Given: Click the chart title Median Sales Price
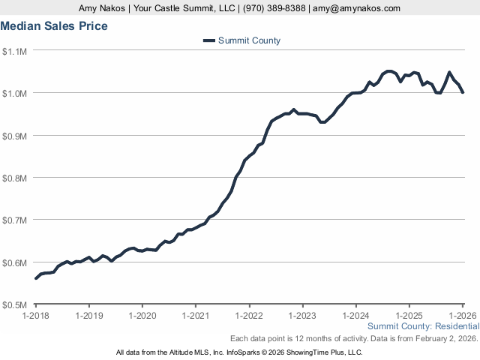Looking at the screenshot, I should (x=54, y=26).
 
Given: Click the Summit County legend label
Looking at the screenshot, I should (x=249, y=40).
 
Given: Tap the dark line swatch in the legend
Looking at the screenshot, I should (x=208, y=40).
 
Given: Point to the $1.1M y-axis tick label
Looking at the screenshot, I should (x=15, y=51).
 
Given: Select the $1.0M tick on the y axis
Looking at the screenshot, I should (x=15, y=93).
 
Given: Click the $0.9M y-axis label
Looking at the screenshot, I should (x=15, y=136).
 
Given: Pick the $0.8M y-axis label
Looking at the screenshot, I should (x=15, y=178).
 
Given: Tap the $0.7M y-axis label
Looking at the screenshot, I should (x=15, y=220).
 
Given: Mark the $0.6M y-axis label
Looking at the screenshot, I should (x=15, y=262).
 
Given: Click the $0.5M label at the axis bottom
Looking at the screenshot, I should (x=15, y=305).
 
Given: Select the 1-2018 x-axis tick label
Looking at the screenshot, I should (x=36, y=315).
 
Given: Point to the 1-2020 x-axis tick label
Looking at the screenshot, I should (x=142, y=315).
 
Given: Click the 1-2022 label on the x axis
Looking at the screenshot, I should (x=249, y=315).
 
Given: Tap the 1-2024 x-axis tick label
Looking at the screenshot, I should (x=355, y=315).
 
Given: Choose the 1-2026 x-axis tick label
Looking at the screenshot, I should (x=462, y=315).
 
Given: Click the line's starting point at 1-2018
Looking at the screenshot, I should (x=36, y=278).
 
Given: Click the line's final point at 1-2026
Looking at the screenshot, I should (x=463, y=92).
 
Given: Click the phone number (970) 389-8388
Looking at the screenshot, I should (x=265, y=8).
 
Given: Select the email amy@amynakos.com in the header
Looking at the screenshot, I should (x=357, y=8).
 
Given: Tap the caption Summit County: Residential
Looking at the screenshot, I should (x=422, y=326).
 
